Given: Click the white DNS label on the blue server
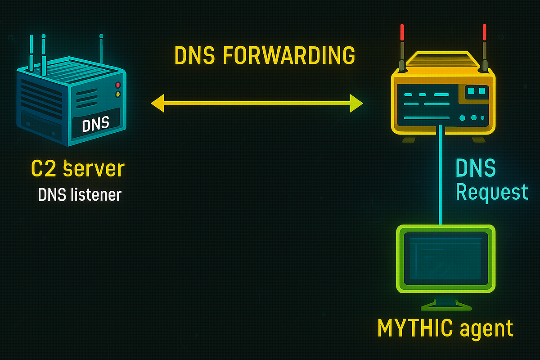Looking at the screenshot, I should pyautogui.click(x=96, y=124).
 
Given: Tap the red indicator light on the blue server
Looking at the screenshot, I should pyautogui.click(x=118, y=85).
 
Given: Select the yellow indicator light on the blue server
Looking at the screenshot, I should pyautogui.click(x=118, y=94).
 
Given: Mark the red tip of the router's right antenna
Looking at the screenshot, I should pyautogui.click(x=485, y=33).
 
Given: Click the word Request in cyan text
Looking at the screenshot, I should pyautogui.click(x=491, y=192).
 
